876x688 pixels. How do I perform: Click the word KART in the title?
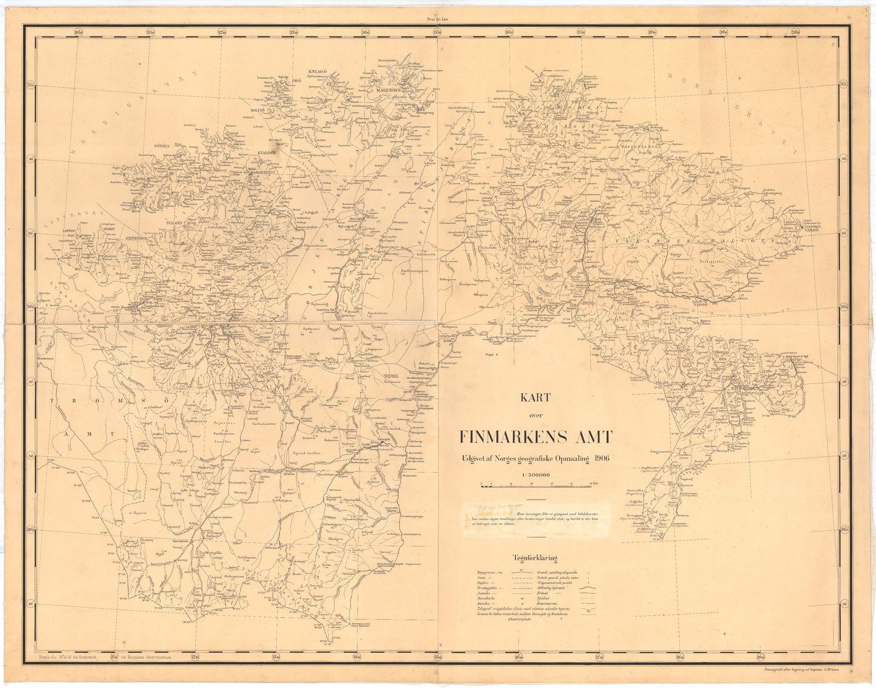coord(534,398)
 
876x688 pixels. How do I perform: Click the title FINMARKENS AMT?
coord(536,437)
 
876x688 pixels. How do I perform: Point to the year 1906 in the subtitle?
coord(602,459)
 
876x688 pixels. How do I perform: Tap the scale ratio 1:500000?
coord(535,474)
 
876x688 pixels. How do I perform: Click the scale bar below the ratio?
coord(535,485)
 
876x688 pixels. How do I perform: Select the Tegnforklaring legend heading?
coord(535,559)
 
